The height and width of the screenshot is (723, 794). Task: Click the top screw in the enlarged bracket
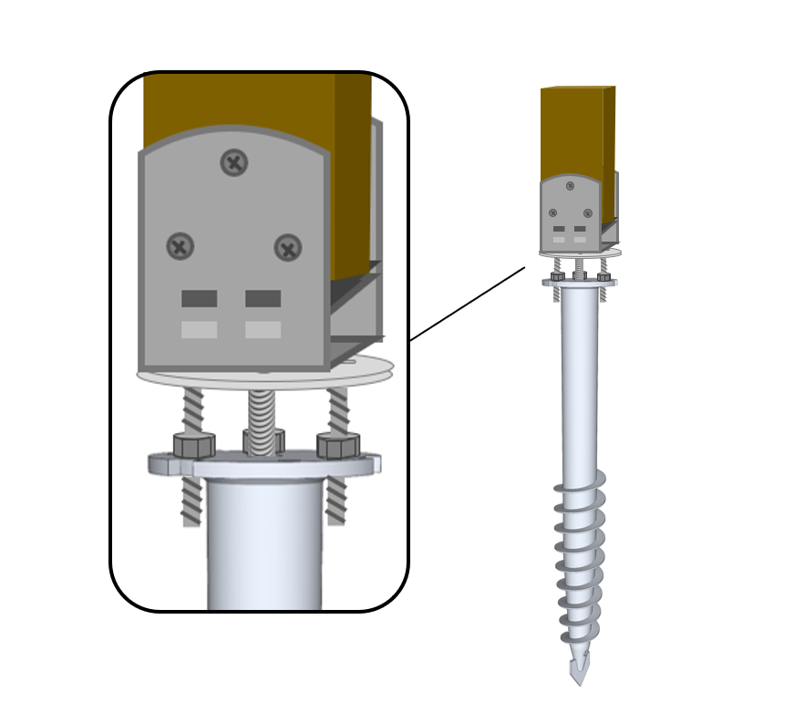[234, 162]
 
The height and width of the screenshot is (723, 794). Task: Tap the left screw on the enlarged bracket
[180, 245]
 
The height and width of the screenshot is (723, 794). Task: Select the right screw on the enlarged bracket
[288, 247]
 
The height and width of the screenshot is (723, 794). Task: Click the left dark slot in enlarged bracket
[199, 298]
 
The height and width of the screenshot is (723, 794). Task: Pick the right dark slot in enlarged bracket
[263, 298]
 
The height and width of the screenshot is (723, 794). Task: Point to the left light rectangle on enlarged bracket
[199, 329]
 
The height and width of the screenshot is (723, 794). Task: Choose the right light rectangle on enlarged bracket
[263, 329]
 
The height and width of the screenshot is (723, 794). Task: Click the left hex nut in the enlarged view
[193, 445]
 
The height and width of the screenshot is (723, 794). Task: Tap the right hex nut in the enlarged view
[338, 445]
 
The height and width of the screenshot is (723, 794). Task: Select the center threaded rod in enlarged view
[262, 419]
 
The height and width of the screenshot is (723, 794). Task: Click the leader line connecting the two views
[467, 304]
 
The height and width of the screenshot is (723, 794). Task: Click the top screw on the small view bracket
[570, 186]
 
